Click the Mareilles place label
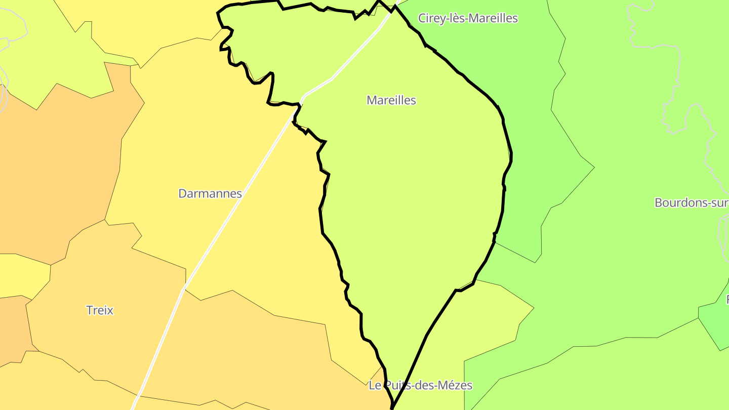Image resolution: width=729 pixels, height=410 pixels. (391, 100)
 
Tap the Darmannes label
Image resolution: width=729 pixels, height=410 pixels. (210, 193)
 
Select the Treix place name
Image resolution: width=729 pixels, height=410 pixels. (100, 310)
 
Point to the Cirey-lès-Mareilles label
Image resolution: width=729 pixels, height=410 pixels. (468, 18)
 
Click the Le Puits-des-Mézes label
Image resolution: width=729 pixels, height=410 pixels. (420, 386)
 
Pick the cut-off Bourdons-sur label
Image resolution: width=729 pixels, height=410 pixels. (691, 203)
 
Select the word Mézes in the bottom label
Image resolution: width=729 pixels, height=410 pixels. (456, 386)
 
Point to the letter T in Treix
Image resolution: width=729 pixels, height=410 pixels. (90, 310)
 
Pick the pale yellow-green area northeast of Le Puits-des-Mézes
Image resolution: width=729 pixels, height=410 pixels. (486, 314)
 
